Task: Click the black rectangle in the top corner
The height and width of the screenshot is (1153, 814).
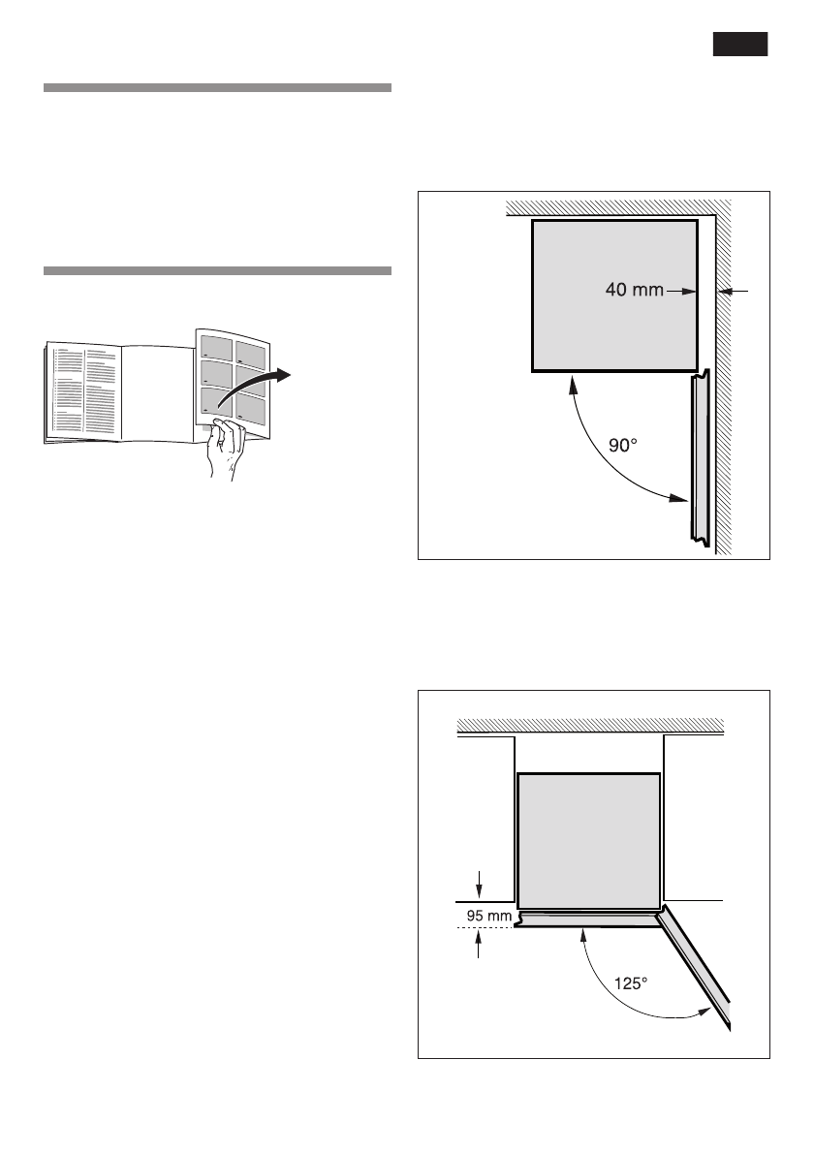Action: tap(740, 45)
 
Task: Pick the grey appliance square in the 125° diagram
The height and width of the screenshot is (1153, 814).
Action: tap(588, 839)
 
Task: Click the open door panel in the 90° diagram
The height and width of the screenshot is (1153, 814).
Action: tap(700, 455)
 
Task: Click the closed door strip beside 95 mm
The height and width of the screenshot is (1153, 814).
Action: tap(586, 919)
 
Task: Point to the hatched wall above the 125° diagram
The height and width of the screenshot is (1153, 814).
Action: tap(591, 724)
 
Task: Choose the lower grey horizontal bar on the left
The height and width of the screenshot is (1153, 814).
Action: tap(217, 270)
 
